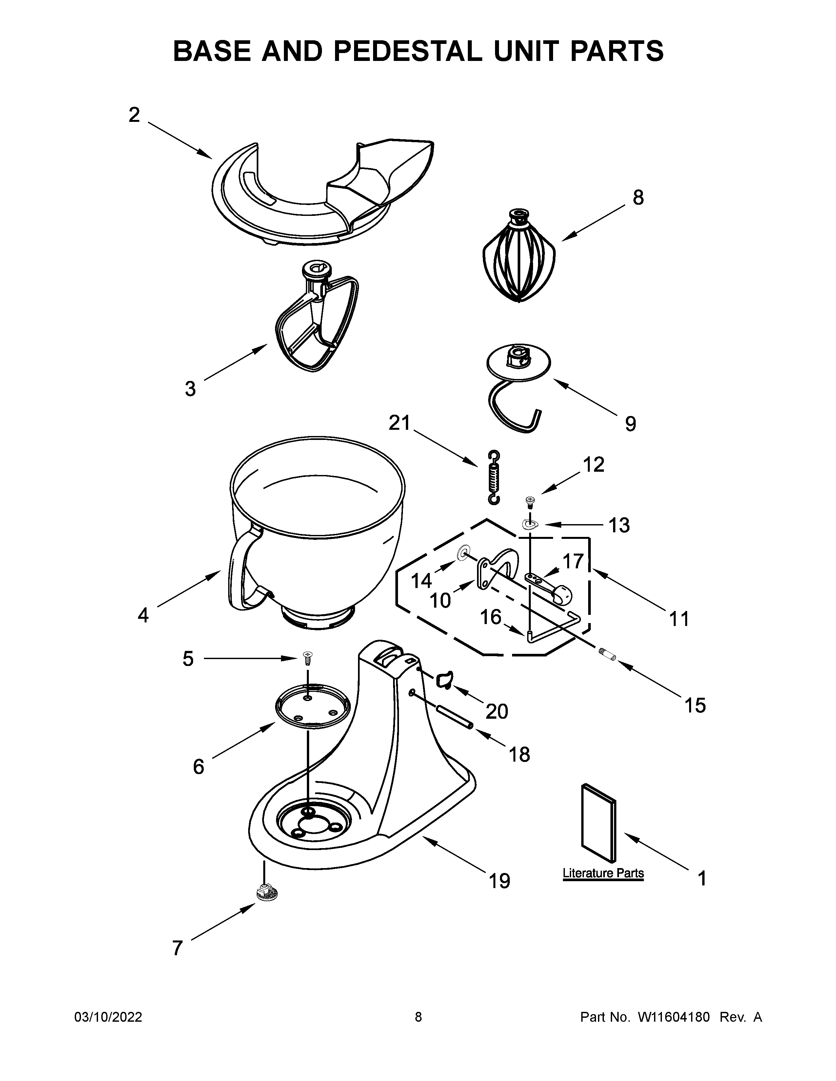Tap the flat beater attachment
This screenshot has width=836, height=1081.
tap(317, 322)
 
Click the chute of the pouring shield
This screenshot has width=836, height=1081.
tap(391, 168)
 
